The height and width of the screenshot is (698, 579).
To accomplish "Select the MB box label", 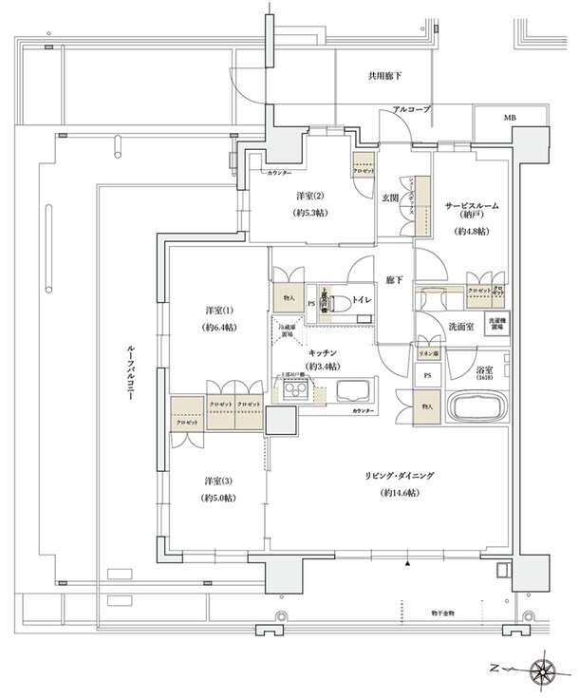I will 511,119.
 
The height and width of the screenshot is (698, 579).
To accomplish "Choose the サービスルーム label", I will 471,206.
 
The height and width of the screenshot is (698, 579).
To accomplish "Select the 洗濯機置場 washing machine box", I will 497,323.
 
